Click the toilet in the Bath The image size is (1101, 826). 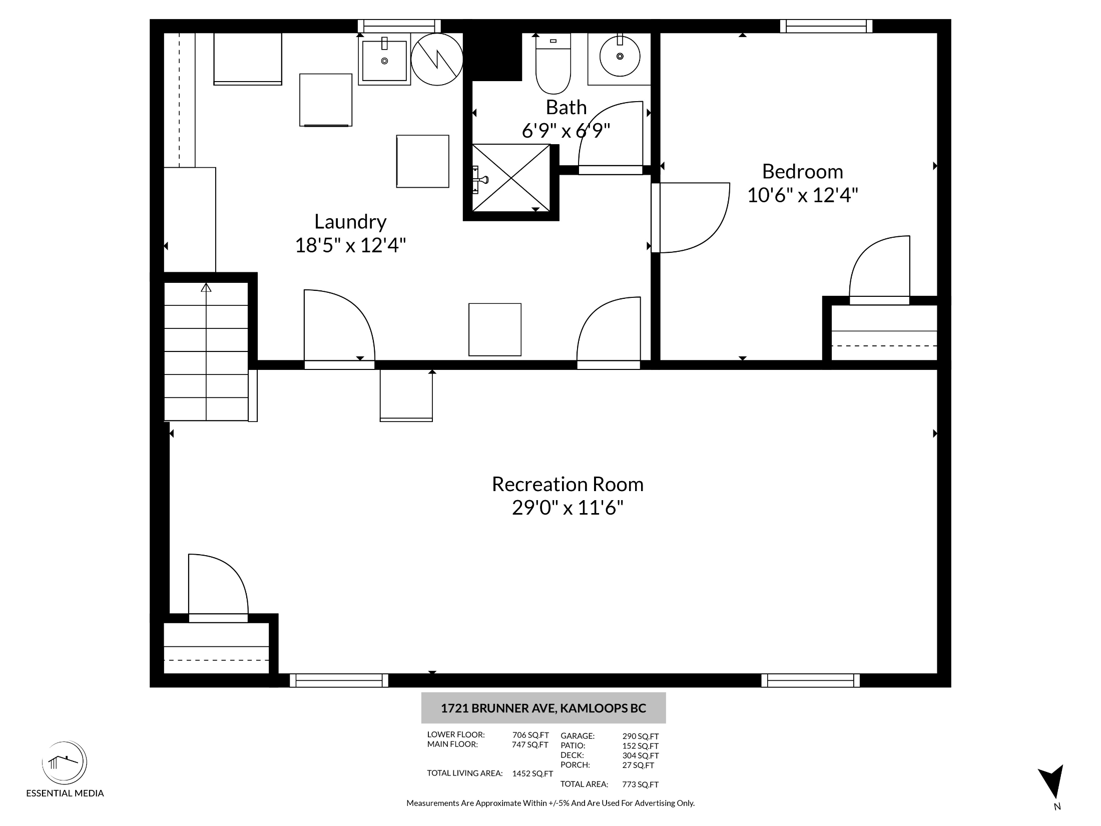point(553,64)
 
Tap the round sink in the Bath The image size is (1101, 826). point(620,56)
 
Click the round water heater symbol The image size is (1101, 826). point(437,59)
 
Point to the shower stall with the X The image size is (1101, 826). point(511,178)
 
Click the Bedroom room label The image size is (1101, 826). point(802,171)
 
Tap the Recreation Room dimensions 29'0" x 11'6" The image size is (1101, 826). point(568,508)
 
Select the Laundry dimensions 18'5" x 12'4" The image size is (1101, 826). point(350,245)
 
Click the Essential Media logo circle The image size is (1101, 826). point(64,763)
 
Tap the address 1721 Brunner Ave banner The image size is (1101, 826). point(543,708)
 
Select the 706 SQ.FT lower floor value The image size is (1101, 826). point(530,735)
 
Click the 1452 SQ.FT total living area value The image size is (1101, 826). point(532,773)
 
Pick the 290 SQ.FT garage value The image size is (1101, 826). point(641,736)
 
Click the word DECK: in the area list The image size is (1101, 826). point(572,755)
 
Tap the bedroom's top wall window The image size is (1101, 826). point(826,26)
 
